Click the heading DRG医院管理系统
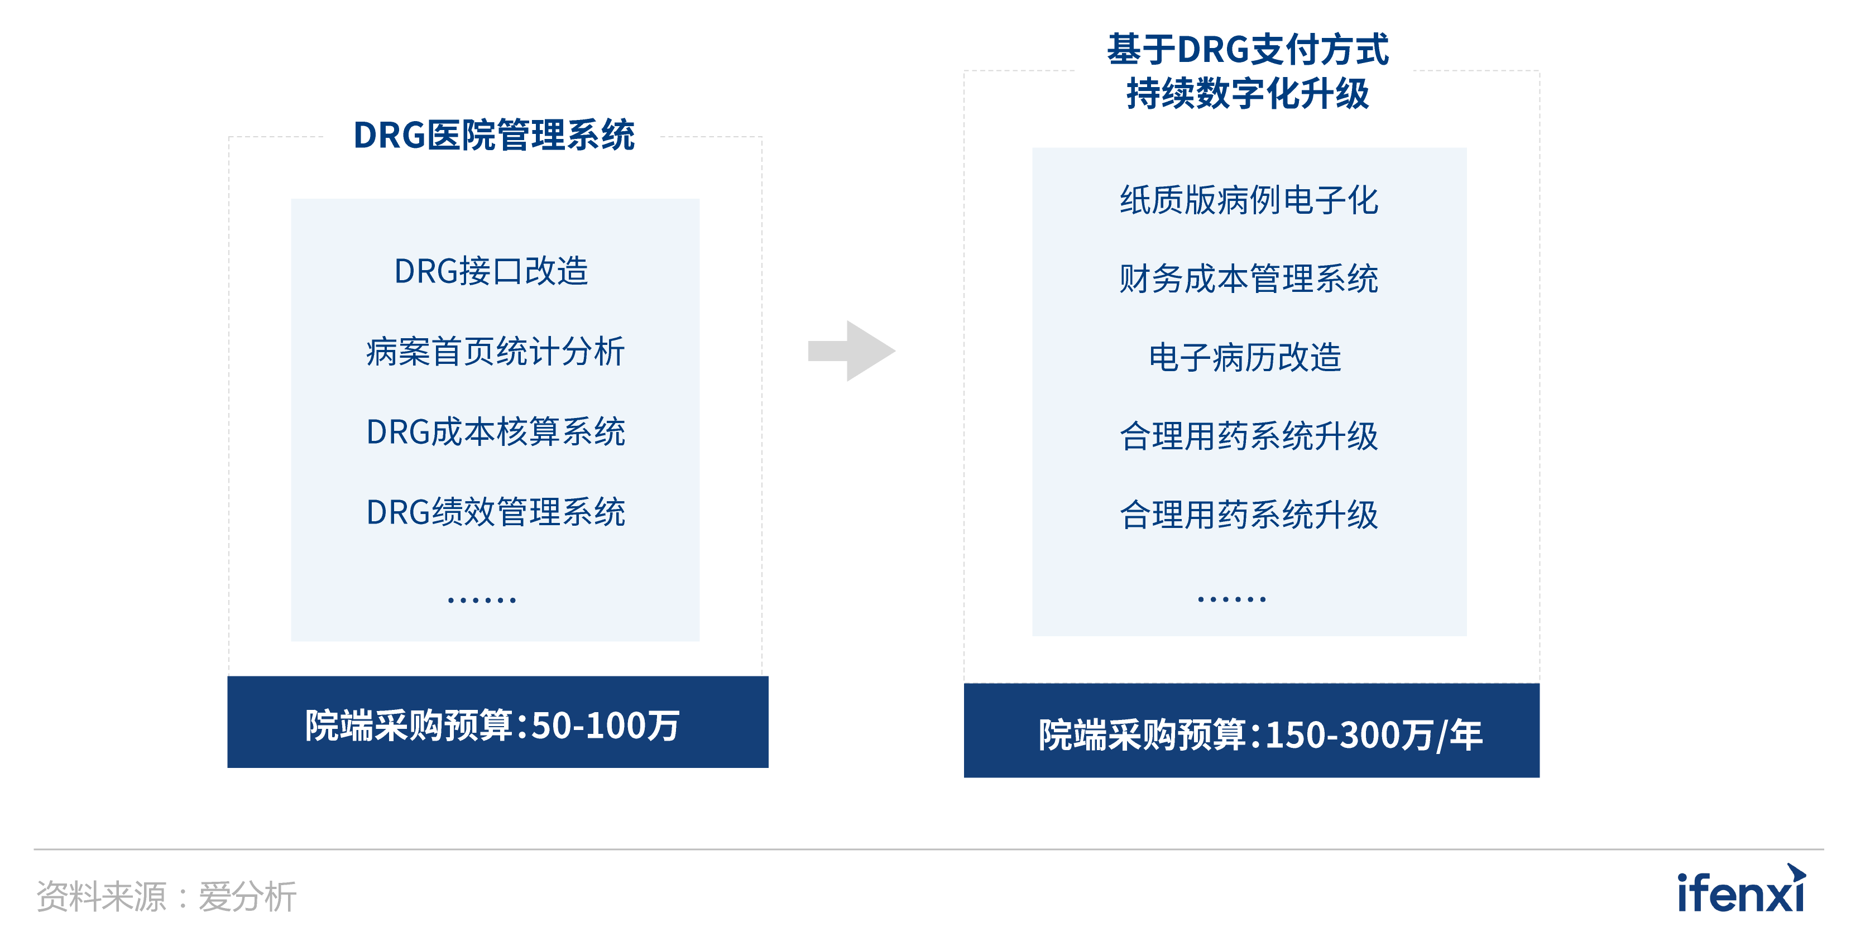click(493, 135)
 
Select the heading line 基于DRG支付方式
click(1247, 49)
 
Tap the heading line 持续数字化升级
click(1247, 94)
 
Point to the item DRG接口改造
click(491, 271)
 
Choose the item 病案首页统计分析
click(495, 352)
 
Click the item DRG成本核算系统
click(495, 432)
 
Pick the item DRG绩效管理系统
click(495, 512)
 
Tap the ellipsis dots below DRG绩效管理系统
click(482, 599)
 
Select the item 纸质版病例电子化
click(1249, 200)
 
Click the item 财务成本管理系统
click(1249, 278)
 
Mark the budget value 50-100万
click(606, 725)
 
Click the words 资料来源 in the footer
click(101, 896)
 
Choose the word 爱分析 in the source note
click(247, 896)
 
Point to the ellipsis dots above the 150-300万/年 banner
click(1232, 599)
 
